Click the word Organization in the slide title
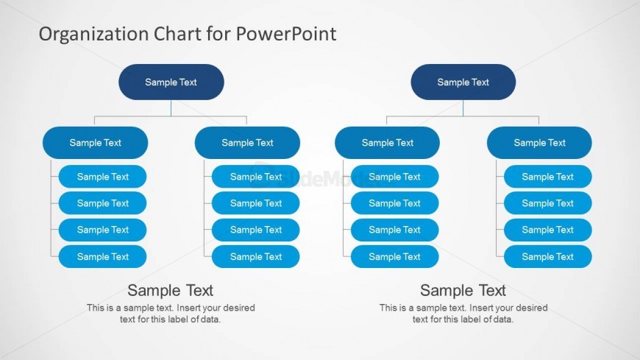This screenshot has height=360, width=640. [93, 35]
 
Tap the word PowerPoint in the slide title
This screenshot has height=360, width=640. [286, 34]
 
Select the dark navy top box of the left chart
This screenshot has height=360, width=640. [171, 82]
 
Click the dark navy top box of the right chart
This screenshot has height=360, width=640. [463, 82]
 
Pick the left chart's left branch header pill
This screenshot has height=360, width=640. [95, 143]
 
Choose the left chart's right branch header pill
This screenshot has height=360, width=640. [247, 143]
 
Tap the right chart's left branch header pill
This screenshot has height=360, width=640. [388, 143]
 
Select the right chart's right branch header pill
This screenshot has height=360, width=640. [540, 143]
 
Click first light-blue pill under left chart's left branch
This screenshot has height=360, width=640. [102, 177]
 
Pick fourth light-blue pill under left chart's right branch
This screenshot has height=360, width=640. [255, 257]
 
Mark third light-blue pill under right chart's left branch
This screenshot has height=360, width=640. [395, 230]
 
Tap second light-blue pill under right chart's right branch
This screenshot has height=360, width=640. [548, 203]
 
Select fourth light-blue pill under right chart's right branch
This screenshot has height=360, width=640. [548, 257]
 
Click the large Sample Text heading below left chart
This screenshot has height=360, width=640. [170, 291]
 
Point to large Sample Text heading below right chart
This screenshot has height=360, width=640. [463, 291]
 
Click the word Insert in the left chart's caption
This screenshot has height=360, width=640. [188, 308]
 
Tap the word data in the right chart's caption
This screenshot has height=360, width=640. [502, 319]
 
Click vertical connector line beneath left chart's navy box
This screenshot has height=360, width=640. [171, 108]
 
